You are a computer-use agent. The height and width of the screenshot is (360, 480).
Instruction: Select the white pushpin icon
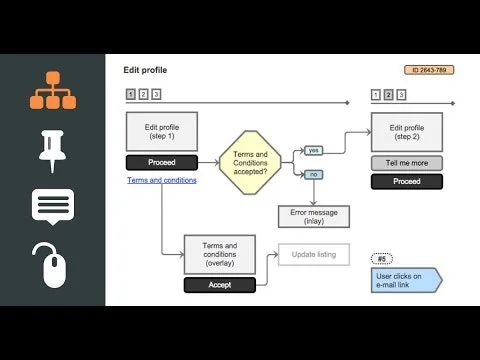pos(52,148)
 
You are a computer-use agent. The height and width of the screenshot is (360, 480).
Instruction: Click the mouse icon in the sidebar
pos(52,265)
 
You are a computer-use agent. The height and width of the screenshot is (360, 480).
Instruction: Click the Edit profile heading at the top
pos(145,70)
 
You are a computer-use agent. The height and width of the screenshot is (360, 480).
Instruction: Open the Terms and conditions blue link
pos(162,180)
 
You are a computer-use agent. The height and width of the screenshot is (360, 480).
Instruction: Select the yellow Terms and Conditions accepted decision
pos(249,161)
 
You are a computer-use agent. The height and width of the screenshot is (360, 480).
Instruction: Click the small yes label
pos(312,150)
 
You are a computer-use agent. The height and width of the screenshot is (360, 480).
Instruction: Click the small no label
pos(312,173)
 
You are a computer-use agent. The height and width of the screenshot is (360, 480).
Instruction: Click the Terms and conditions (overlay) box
pos(218,255)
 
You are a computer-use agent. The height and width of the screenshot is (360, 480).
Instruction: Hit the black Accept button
pos(218,285)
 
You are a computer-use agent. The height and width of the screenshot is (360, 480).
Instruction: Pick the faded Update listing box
pos(314,255)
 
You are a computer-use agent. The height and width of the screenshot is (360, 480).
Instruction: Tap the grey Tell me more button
pos(406,163)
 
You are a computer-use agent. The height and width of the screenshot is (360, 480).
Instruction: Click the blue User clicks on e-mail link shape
pos(406,280)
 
